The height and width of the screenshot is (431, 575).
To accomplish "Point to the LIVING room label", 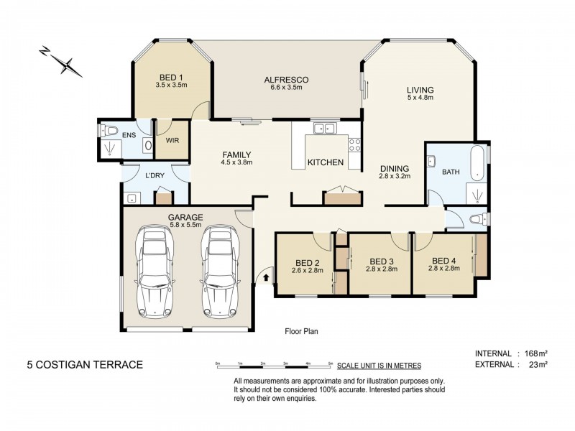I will point(420,90).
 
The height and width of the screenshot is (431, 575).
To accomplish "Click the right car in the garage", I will point(218,272).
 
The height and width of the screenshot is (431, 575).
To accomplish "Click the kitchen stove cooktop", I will point(354,144).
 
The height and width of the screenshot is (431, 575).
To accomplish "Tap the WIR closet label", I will point(172,142).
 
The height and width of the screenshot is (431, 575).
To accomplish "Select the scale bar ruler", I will point(273,366).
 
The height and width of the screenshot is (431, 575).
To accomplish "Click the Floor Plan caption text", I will point(301,332).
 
